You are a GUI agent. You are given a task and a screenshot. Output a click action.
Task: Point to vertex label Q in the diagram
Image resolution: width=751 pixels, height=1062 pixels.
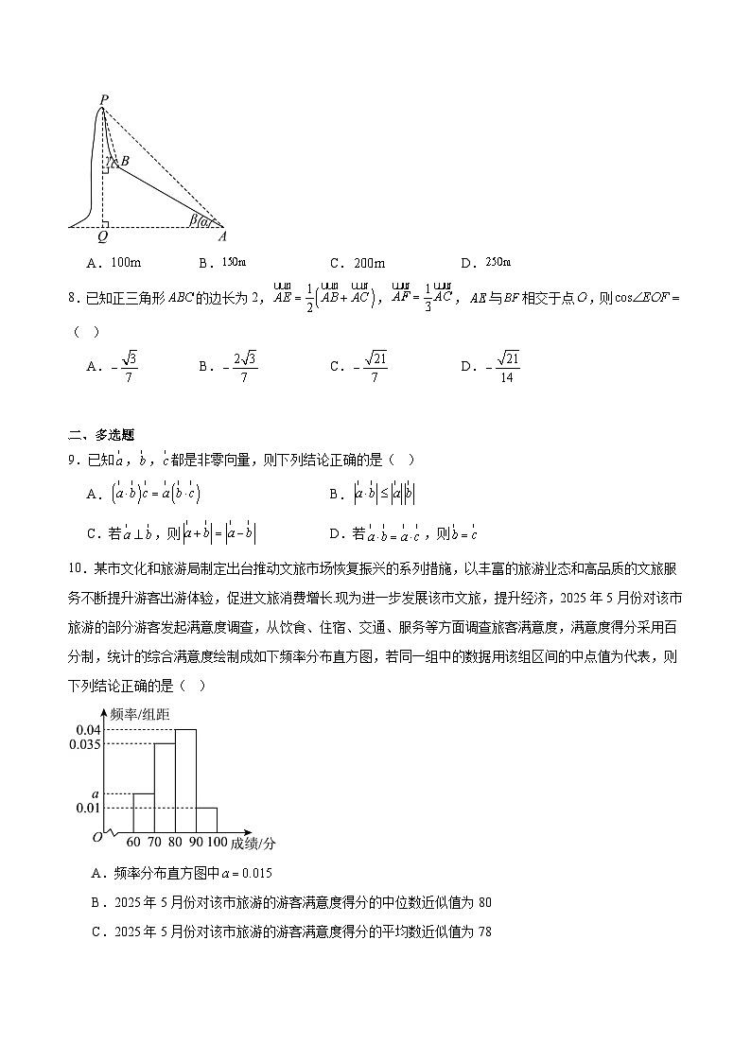pos(102,237)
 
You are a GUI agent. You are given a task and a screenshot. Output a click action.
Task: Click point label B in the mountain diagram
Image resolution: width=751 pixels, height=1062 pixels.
pos(124,161)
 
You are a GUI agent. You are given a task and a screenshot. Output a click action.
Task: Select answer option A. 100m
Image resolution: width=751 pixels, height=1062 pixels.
pos(114,263)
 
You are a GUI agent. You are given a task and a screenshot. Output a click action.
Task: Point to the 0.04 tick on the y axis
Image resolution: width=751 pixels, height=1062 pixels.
pos(88,730)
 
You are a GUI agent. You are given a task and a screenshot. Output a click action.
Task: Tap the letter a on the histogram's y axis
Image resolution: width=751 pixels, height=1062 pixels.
pos(94,793)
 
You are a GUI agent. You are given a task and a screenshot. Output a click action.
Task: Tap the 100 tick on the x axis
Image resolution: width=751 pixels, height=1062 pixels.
pos(217,842)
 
